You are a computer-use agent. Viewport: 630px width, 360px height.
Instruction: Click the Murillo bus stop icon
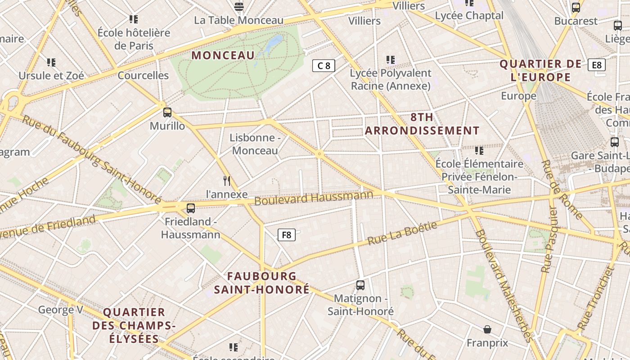point(167,112)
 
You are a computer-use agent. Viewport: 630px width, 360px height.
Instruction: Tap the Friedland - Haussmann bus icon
point(191,208)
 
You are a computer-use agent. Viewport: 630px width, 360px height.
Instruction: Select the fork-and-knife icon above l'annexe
point(227,181)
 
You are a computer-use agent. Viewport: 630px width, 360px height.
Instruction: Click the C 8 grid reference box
point(324,66)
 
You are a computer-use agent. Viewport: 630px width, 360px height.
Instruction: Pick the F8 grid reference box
point(286,234)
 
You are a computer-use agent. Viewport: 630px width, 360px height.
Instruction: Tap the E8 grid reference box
point(596,65)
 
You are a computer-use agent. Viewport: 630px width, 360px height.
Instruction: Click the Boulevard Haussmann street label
point(314,198)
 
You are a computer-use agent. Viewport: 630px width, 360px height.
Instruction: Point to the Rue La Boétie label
point(402,233)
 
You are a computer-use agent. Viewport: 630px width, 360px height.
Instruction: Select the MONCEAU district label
point(223,55)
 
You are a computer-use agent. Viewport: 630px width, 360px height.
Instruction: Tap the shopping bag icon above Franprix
point(487,330)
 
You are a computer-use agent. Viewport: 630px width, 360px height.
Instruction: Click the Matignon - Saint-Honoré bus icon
point(360,285)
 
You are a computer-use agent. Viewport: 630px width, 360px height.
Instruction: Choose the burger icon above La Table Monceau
point(239,7)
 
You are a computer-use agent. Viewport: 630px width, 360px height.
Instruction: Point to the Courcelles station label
point(143,75)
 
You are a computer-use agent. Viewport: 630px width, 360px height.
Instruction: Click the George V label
point(61,310)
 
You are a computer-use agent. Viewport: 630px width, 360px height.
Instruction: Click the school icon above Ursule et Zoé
point(51,63)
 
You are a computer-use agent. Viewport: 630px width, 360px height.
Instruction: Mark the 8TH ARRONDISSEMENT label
point(422,124)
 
